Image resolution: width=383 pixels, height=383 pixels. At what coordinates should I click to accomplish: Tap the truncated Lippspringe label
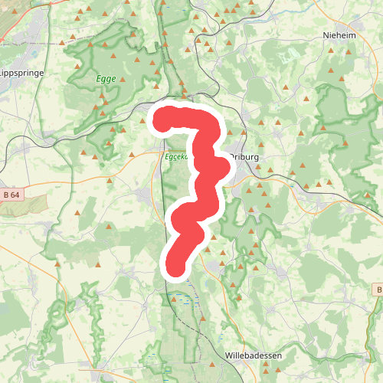pyautogui.click(x=22, y=73)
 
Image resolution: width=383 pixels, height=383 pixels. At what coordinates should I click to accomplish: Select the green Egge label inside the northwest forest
pyautogui.click(x=106, y=78)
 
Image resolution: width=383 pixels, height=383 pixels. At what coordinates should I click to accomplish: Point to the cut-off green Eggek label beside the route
pyautogui.click(x=176, y=155)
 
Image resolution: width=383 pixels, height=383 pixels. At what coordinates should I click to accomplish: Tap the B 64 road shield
pyautogui.click(x=11, y=195)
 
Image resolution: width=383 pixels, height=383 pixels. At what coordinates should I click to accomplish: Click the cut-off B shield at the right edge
pyautogui.click(x=378, y=290)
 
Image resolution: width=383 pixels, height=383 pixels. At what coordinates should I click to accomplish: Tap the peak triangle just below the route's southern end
pyautogui.click(x=173, y=284)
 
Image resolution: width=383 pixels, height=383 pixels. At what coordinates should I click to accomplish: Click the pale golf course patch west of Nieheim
pyautogui.click(x=290, y=55)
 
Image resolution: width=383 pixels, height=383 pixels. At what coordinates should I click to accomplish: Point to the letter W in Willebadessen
pyautogui.click(x=229, y=355)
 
